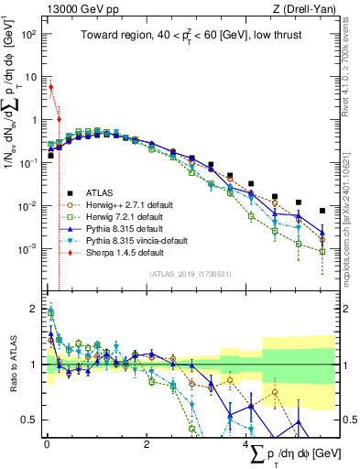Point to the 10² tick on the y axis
pyautogui.click(x=27, y=34)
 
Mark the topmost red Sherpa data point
pyautogui.click(x=50, y=87)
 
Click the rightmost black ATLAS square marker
pyautogui.click(x=322, y=211)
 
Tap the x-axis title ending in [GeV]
pyautogui.click(x=293, y=453)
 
